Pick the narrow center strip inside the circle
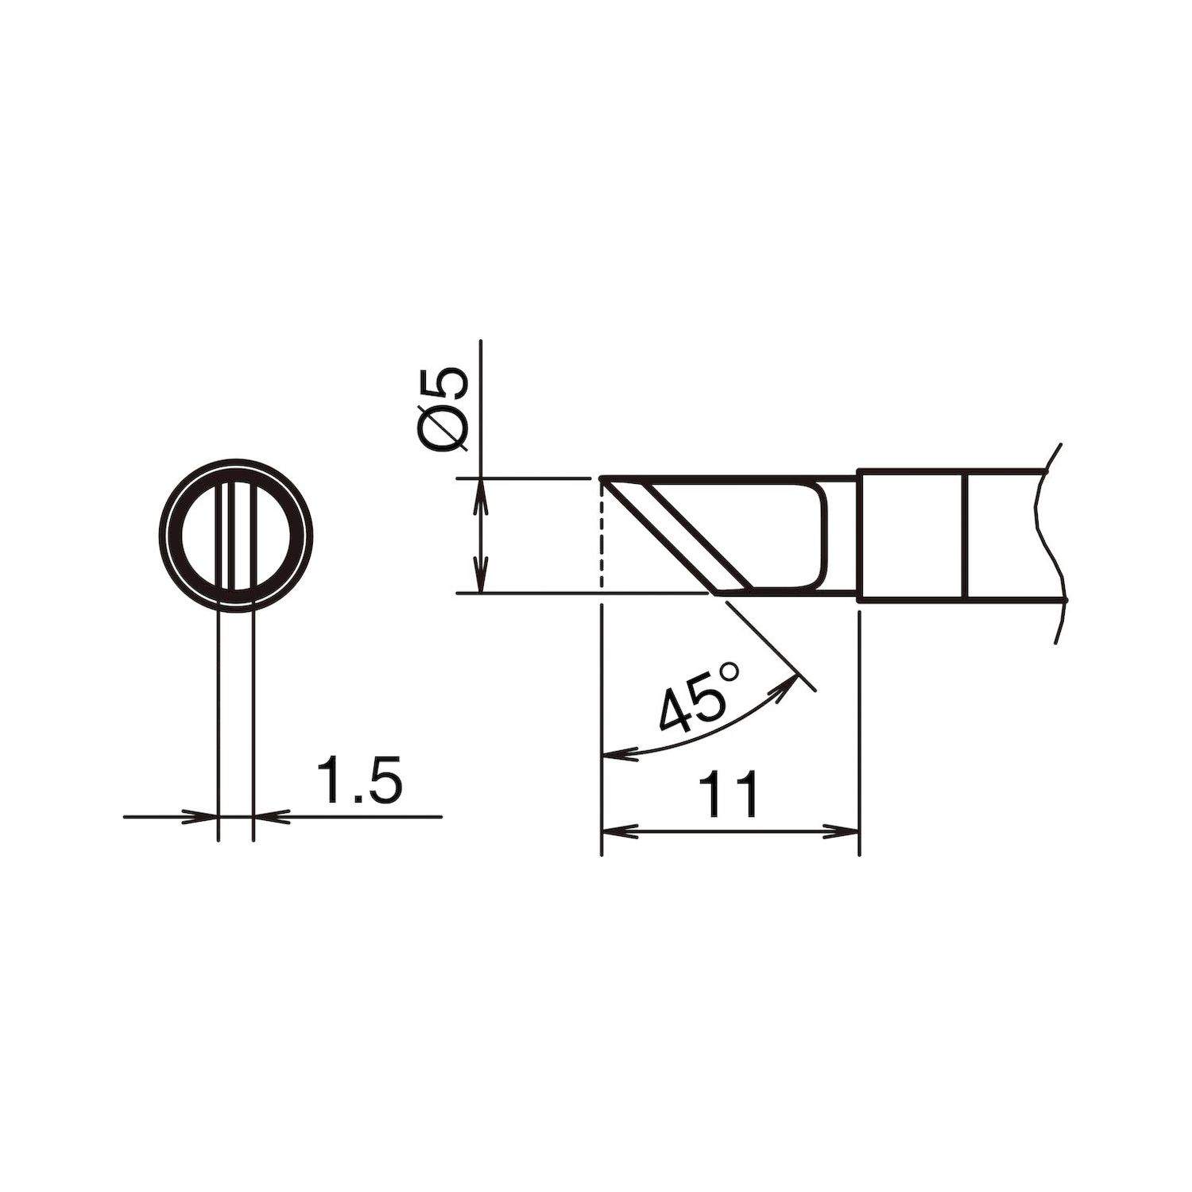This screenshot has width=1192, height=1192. point(234,536)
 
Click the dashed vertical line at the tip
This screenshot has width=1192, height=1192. point(602,536)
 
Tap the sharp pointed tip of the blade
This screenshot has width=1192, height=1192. point(602,479)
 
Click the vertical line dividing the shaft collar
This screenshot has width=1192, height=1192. point(964,536)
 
